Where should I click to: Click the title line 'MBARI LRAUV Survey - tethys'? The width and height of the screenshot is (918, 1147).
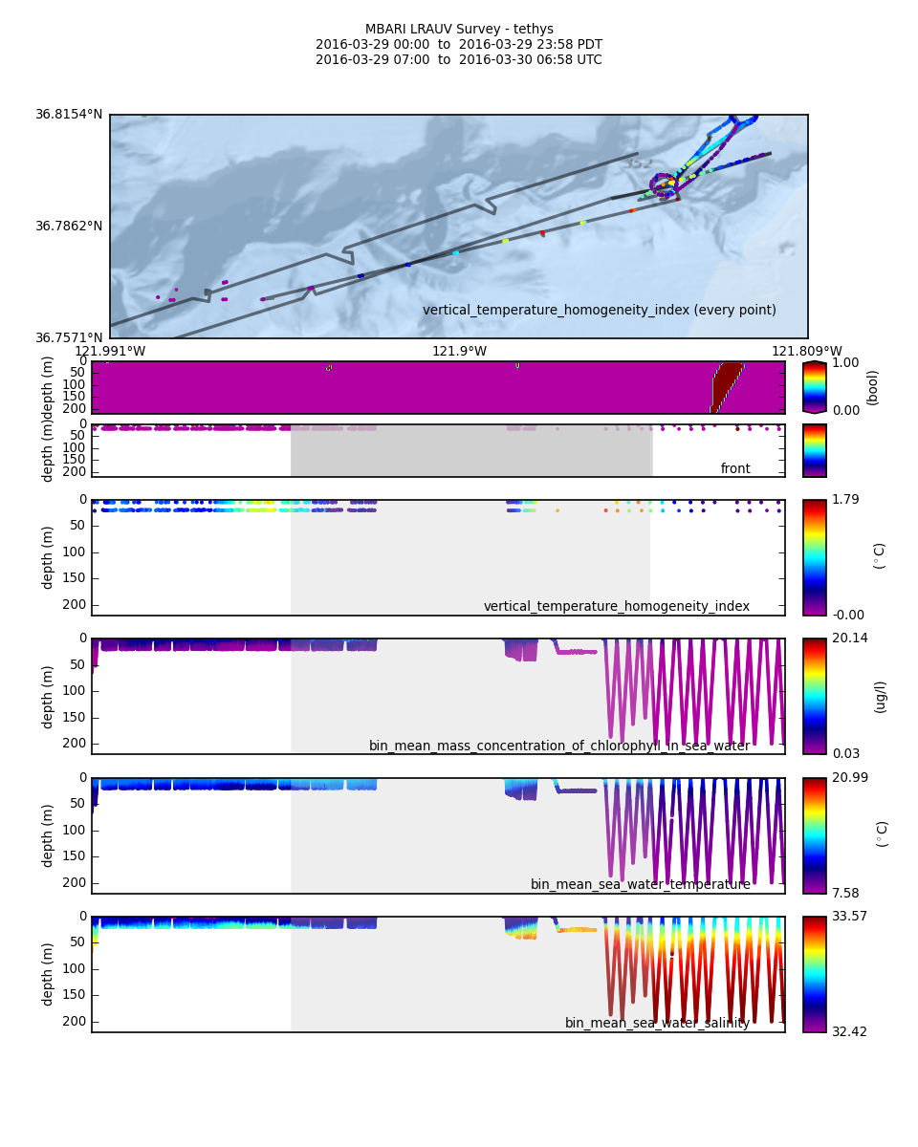click(x=459, y=30)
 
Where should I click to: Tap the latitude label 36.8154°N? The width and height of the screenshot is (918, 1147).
click(x=69, y=115)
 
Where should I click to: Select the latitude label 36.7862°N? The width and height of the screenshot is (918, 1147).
click(x=69, y=227)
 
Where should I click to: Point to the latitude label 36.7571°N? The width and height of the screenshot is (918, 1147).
click(x=69, y=337)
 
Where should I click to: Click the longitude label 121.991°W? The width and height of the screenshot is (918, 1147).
click(x=110, y=351)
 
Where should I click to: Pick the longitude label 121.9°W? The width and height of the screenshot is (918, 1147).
click(x=459, y=351)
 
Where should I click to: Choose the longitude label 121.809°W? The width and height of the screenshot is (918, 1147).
click(x=807, y=351)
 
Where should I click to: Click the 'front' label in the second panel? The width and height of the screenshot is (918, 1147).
click(x=735, y=468)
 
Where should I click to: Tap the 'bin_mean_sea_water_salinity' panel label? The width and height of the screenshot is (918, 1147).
click(x=657, y=1023)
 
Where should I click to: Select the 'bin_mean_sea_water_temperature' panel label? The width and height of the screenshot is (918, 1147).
click(x=640, y=884)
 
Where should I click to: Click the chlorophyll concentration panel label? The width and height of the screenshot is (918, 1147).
click(x=559, y=746)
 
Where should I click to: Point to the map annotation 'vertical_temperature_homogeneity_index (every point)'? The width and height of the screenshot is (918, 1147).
click(x=600, y=310)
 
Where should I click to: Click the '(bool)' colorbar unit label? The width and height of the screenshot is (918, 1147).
click(x=872, y=387)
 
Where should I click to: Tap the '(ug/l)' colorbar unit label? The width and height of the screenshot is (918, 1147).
click(x=880, y=696)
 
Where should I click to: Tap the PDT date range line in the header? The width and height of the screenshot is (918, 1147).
click(x=459, y=45)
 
